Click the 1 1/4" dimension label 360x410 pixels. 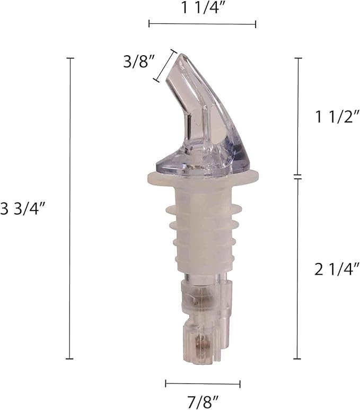click(x=203, y=8)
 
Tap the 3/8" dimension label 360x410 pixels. click(x=138, y=62)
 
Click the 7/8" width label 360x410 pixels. click(x=203, y=402)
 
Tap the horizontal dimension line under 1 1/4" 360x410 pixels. click(x=203, y=24)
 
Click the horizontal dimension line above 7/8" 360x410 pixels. click(x=203, y=383)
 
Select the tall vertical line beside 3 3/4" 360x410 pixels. click(x=70, y=208)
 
